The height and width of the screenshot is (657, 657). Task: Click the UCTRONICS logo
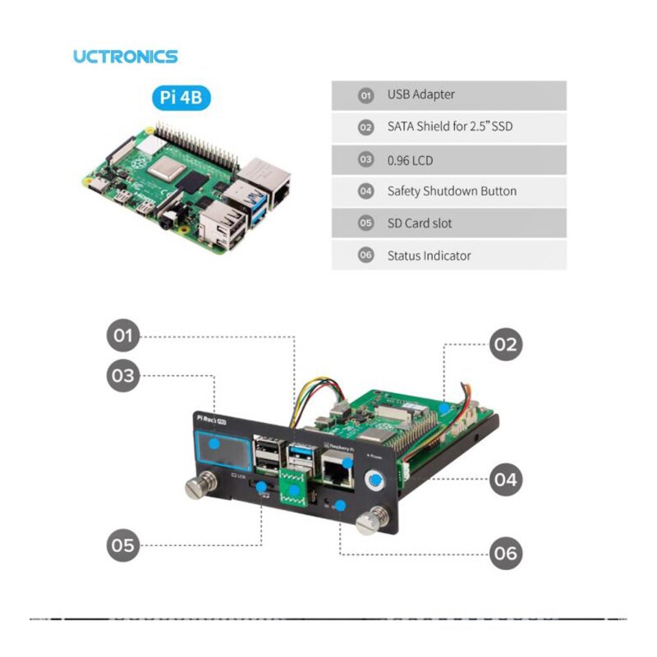125,57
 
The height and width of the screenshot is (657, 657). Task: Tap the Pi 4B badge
181,99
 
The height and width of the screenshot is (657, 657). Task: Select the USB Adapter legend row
448,95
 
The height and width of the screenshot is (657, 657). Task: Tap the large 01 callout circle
123,336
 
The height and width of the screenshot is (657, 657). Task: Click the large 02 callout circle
505,344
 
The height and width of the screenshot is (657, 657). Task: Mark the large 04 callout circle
505,480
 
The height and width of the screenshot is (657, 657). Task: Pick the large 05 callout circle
123,544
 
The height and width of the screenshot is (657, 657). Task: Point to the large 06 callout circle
505,553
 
